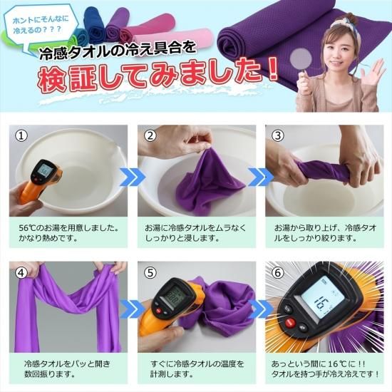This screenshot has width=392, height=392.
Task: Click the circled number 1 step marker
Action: point(22,135)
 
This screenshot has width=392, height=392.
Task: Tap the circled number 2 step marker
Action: point(150,135)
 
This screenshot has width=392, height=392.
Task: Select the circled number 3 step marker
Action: point(278,135)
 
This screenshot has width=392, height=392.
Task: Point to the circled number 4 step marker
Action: point(22,272)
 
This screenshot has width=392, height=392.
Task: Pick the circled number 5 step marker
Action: point(150,272)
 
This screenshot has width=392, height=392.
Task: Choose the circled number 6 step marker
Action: point(278,272)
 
